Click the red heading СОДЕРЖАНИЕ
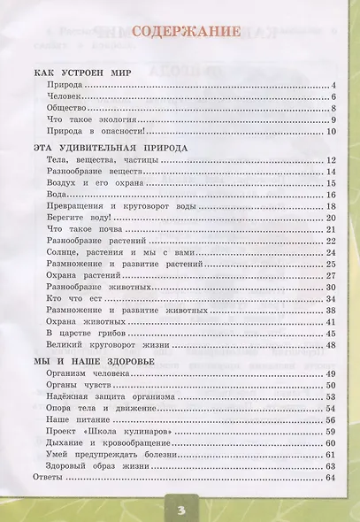(185, 32)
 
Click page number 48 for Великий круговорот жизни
(332, 344)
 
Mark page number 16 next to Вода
(332, 194)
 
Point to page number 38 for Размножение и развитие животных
(332, 310)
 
